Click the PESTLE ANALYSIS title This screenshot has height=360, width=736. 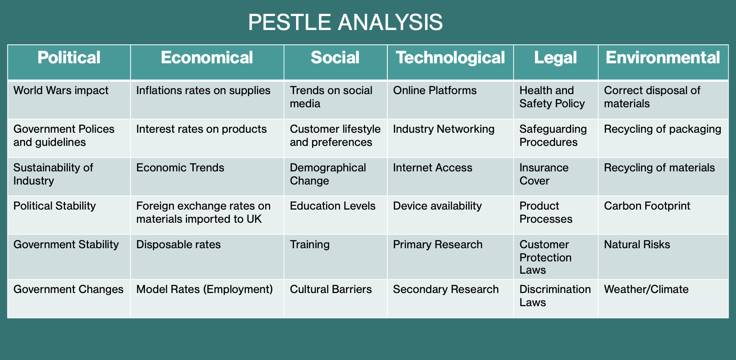[345, 22]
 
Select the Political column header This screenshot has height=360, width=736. [69, 58]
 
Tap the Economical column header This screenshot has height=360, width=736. [207, 58]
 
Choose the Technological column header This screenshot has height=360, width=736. [450, 58]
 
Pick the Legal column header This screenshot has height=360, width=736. [555, 58]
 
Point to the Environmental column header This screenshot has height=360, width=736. [663, 58]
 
